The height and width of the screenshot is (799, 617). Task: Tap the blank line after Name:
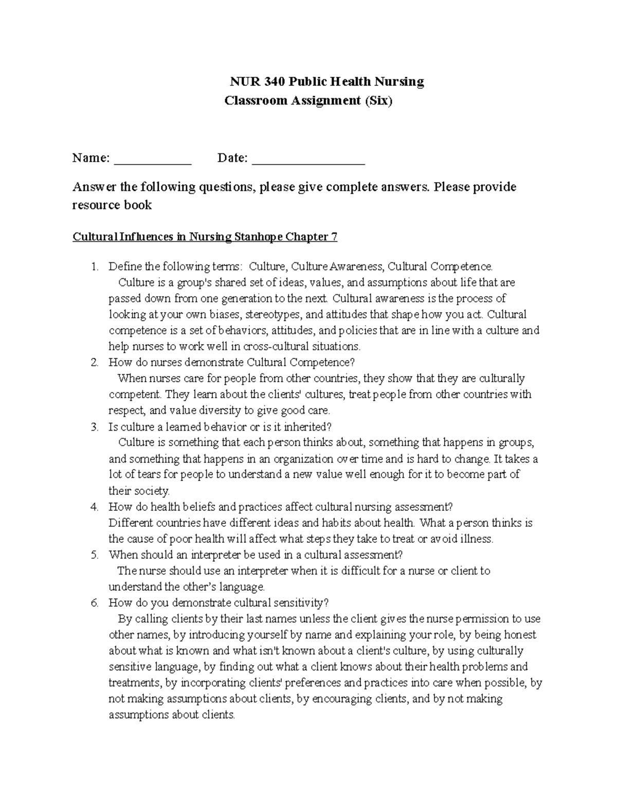(x=152, y=159)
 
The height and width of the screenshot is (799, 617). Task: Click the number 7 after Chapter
(x=334, y=237)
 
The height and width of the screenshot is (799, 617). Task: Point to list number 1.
(x=94, y=267)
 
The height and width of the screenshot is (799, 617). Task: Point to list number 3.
(x=94, y=427)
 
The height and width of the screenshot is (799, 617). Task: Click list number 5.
(x=94, y=555)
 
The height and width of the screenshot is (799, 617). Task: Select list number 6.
(x=94, y=602)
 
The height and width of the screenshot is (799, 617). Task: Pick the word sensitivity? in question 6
(x=301, y=602)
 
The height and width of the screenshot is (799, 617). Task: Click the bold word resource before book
(x=96, y=205)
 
